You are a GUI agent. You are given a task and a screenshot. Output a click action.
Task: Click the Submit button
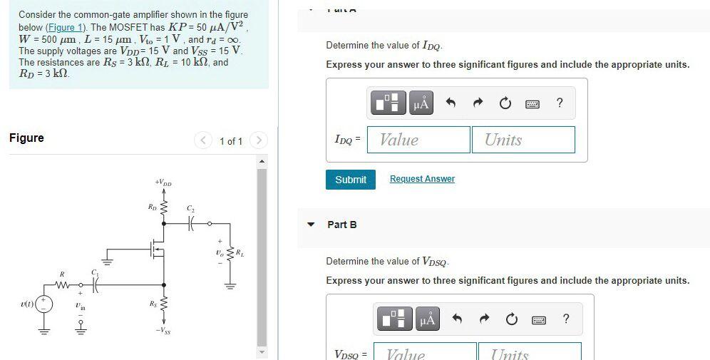(x=350, y=180)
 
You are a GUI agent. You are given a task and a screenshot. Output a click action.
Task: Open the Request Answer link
(x=422, y=179)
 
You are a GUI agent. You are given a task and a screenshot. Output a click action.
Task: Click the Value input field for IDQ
(x=419, y=140)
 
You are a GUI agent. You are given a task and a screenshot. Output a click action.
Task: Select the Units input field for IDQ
(x=523, y=140)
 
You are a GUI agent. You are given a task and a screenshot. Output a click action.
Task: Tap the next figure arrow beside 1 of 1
(x=259, y=140)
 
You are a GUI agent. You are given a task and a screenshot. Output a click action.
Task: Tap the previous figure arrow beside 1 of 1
(x=205, y=140)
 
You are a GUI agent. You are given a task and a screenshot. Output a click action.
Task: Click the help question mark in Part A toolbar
(x=560, y=103)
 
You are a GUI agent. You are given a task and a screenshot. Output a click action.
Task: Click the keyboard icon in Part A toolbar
(x=532, y=104)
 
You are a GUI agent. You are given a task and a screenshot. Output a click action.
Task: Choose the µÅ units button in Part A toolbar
(x=421, y=104)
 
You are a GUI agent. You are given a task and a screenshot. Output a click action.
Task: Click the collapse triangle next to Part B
(x=311, y=225)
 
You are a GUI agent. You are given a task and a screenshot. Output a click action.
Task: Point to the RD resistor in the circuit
(x=164, y=208)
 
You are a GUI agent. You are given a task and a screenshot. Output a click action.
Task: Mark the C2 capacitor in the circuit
(x=190, y=223)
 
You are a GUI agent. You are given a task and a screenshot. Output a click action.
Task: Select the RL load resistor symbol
(x=230, y=253)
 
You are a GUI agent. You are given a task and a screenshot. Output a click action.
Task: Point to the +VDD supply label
(x=163, y=183)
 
